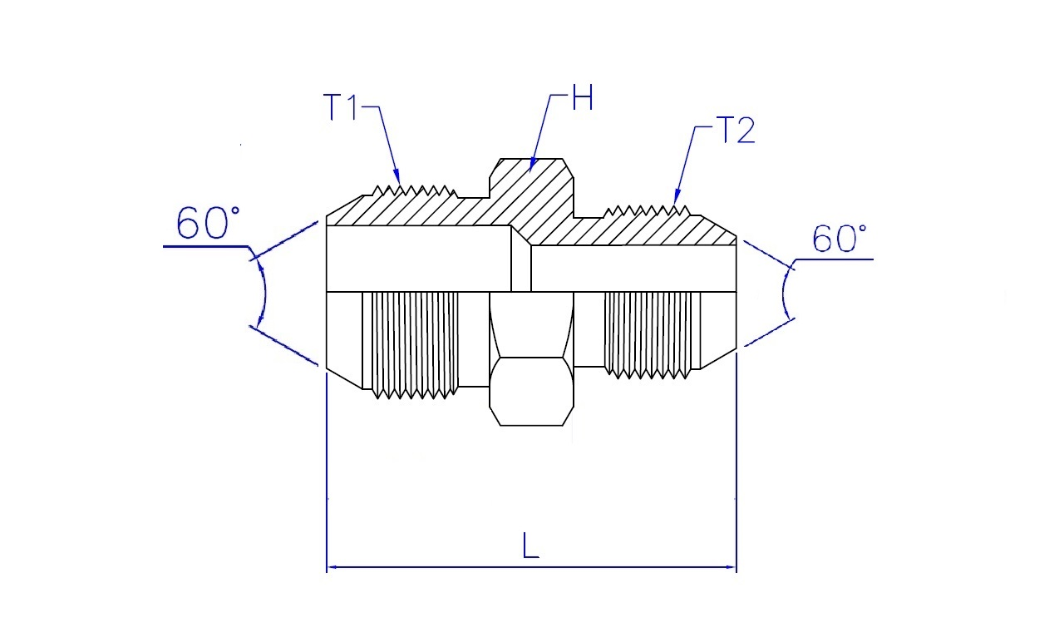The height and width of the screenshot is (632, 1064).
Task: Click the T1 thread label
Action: coord(340,107)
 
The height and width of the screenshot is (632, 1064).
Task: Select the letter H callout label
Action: coord(583,97)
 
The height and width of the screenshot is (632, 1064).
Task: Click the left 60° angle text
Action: coord(208,223)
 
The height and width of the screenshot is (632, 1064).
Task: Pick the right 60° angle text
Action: coord(840,239)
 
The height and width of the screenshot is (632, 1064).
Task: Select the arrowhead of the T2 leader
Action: coord(677,197)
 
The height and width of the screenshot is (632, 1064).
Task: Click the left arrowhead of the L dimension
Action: coord(333,567)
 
